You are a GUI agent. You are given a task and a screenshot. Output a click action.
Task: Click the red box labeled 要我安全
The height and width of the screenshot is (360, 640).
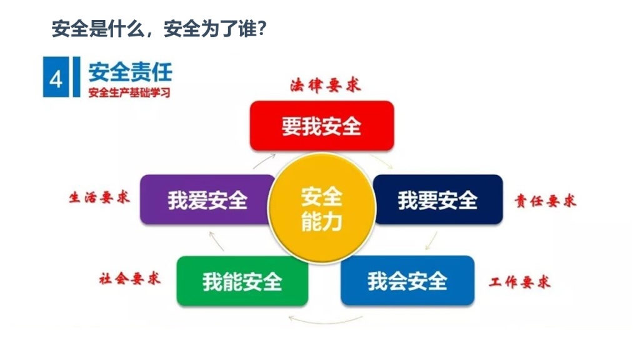pos(322,126)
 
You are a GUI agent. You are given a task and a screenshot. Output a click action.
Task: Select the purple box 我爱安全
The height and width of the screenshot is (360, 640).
pos(206,199)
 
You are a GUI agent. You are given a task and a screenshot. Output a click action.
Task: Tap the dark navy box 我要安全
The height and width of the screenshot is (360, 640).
pos(438,199)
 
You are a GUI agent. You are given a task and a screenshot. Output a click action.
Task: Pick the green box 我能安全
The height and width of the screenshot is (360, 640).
pos(242,281)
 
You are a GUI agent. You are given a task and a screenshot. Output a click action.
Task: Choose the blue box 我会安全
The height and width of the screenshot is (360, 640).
pos(407,281)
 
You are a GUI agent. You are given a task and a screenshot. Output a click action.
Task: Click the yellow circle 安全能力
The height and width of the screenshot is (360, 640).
pos(322,207)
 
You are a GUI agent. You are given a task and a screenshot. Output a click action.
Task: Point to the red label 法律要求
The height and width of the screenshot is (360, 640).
pos(326,85)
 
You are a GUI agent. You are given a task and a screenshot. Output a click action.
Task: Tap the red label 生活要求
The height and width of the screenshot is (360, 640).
pos(99,197)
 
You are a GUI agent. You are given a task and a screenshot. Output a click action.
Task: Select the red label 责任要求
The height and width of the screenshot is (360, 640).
pos(546,201)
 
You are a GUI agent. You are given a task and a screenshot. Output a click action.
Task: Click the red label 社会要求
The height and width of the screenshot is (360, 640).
pos(130,279)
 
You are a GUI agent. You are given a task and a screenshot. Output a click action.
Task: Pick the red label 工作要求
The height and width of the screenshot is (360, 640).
pos(520,282)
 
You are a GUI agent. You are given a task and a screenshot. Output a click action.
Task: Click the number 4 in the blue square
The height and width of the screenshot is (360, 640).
pos(56,78)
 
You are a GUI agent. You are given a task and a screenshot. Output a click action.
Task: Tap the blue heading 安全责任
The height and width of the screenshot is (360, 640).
pos(130,72)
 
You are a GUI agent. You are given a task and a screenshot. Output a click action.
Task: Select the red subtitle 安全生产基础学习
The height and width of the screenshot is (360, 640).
pos(129,92)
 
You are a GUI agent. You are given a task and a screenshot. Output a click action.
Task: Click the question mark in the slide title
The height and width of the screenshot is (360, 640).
pos(262,29)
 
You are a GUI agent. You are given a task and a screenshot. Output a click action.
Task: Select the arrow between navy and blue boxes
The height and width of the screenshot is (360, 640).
pos(431,241)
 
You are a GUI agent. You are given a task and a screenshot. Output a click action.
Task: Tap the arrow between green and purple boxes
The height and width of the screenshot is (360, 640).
pos(216,241)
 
